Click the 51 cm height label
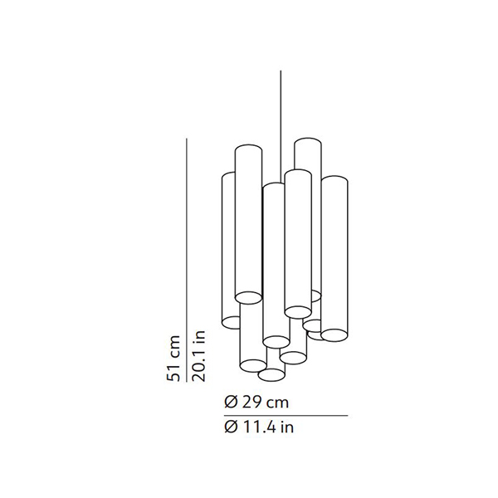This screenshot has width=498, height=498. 173,359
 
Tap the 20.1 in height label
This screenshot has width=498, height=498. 199,356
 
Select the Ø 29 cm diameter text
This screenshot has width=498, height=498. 256,403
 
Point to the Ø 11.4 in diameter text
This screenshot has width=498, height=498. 259,427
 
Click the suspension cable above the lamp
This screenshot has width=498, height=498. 281,126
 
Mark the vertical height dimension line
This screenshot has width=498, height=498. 187,260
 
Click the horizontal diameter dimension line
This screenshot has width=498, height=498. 286,416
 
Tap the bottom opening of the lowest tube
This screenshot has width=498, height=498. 271,375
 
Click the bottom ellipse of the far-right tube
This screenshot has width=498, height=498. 334,335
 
